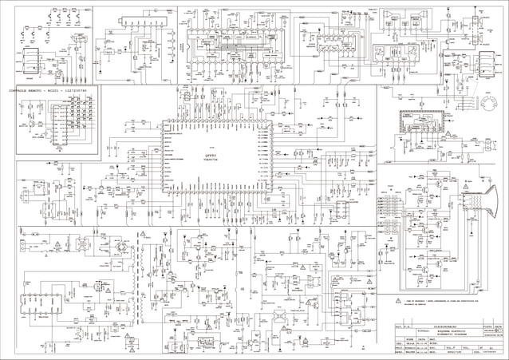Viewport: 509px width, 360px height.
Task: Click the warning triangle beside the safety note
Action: click(x=399, y=301)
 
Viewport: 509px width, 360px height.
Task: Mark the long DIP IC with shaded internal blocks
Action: click(x=224, y=39)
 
